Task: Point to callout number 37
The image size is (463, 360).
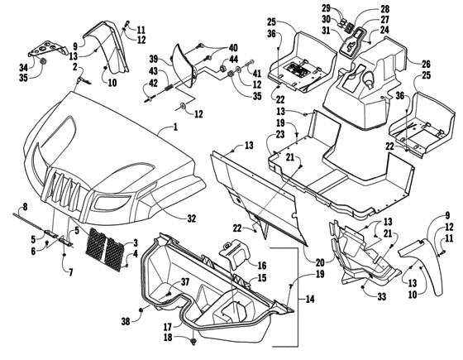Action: [x=184, y=282]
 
